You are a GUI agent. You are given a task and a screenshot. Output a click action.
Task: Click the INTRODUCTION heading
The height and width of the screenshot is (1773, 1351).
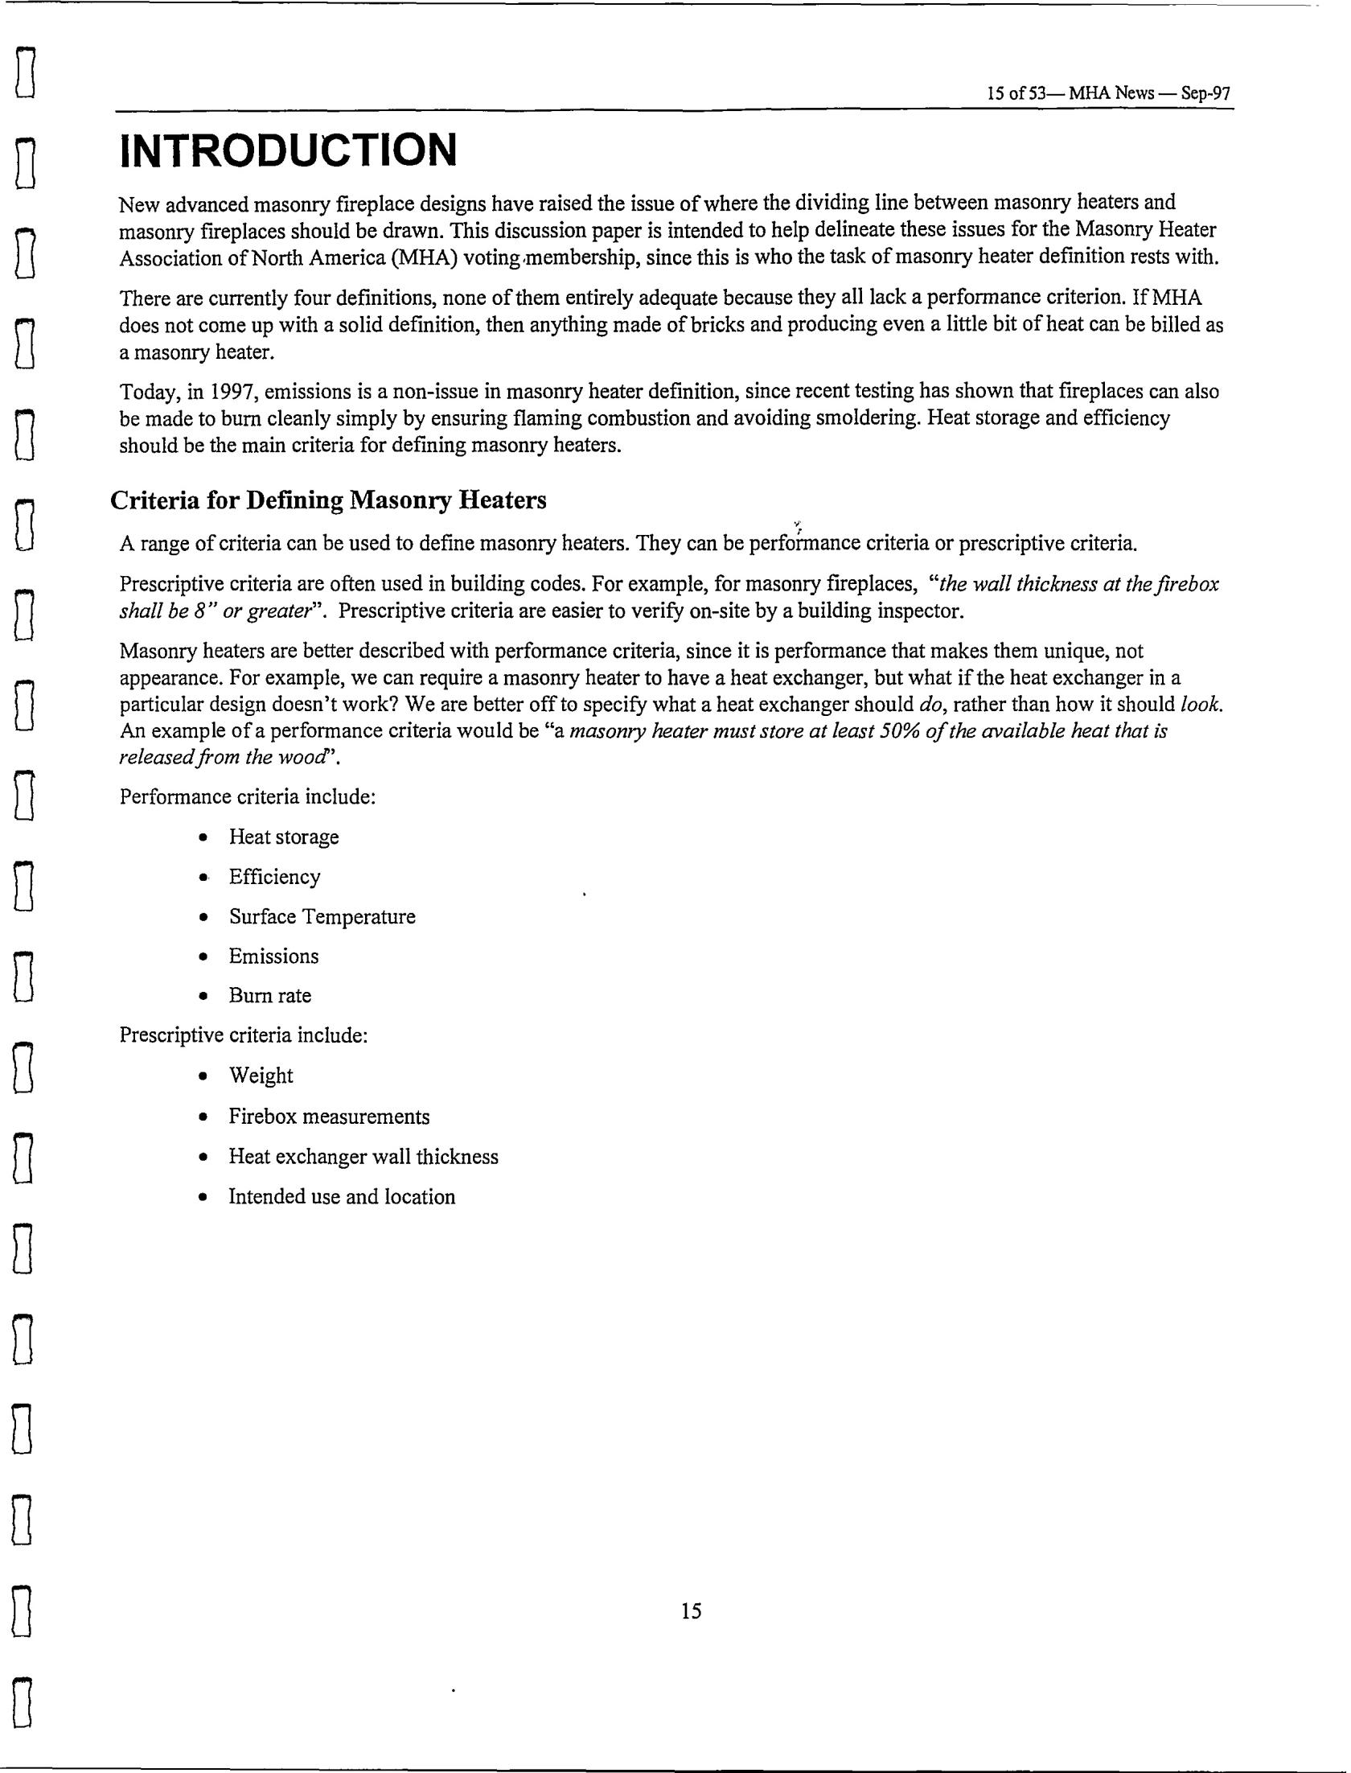(287, 150)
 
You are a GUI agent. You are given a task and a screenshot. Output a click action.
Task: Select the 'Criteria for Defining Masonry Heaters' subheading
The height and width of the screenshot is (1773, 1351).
(328, 500)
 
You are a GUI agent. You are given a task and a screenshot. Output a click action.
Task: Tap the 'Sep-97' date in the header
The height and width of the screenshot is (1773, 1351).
(1205, 93)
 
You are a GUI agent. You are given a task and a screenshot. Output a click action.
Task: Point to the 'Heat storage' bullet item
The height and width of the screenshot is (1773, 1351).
(283, 837)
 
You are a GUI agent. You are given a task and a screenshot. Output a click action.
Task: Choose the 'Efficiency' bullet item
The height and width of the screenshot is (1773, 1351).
(274, 877)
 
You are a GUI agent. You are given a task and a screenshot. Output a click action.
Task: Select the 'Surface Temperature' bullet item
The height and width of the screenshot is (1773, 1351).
(322, 916)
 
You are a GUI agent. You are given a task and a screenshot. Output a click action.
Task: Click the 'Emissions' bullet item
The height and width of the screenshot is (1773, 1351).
(273, 956)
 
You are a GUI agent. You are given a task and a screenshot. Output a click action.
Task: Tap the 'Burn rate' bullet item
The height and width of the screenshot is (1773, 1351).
(269, 995)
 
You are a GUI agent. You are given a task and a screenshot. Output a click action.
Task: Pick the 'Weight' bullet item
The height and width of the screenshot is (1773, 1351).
(261, 1076)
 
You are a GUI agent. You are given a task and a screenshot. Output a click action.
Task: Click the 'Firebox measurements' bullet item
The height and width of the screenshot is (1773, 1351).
(329, 1117)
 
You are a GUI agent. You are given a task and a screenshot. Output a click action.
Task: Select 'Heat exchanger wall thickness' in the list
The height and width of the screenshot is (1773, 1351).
(363, 1157)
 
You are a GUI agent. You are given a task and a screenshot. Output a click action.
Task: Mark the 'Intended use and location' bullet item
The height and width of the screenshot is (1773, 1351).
(342, 1197)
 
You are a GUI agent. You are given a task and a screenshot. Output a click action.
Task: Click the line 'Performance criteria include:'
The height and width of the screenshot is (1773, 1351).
(248, 796)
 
